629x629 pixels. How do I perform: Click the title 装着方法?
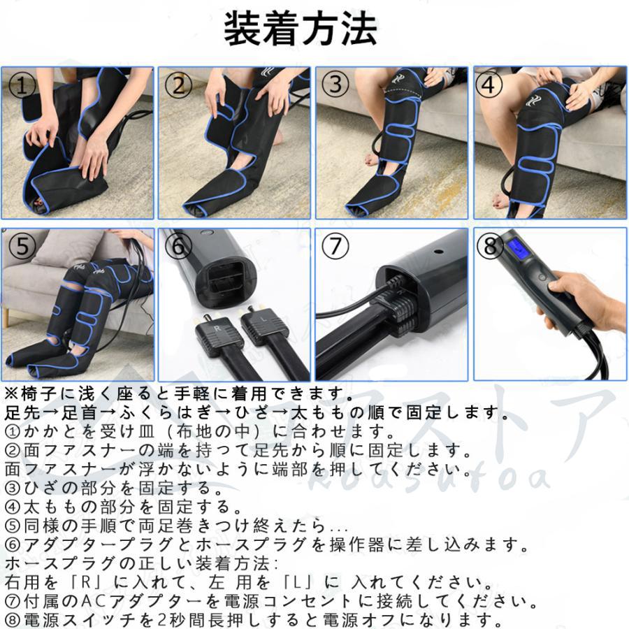click(301, 29)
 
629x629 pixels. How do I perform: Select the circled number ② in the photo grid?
click(180, 86)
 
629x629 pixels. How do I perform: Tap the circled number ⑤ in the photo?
click(22, 247)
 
